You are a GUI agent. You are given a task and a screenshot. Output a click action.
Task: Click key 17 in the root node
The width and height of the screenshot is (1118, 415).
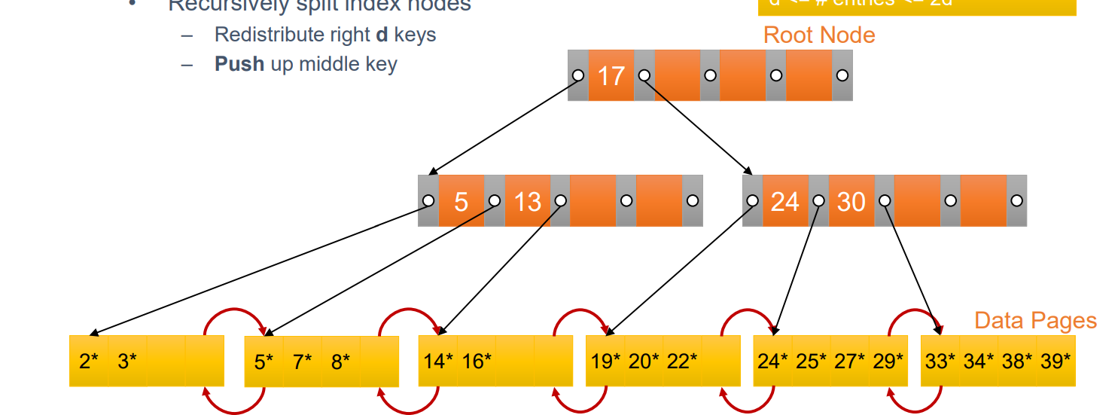point(611,75)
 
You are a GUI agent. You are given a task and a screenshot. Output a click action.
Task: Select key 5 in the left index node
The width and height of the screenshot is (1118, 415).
point(461,201)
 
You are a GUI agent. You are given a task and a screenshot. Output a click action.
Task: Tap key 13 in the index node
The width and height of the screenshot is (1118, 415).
point(527,201)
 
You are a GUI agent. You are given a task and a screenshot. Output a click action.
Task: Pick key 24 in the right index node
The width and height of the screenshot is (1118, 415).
point(784,201)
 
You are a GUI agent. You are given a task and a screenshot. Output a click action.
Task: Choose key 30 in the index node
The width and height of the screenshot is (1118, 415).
point(851,201)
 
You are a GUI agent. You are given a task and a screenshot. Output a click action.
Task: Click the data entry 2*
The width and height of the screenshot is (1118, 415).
point(89,362)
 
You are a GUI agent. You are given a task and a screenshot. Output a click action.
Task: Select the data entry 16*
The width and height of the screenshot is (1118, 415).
point(477,362)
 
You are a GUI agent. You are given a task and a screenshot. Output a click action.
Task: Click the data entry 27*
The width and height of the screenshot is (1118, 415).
point(850,362)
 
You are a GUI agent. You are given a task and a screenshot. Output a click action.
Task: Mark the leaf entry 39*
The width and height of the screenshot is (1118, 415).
point(1056,362)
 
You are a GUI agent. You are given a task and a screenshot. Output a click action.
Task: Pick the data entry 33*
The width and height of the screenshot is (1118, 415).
point(940,362)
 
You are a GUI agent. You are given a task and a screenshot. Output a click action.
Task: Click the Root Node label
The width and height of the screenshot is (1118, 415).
point(819,35)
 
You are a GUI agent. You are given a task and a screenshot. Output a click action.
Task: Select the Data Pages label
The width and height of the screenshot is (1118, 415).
point(1035,320)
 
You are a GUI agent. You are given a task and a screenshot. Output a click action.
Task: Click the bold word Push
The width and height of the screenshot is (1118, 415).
point(239,64)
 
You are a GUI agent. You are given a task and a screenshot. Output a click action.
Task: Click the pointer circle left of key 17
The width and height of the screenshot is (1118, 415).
point(578,75)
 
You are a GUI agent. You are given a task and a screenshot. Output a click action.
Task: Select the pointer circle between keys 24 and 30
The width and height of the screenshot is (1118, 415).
point(818,201)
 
